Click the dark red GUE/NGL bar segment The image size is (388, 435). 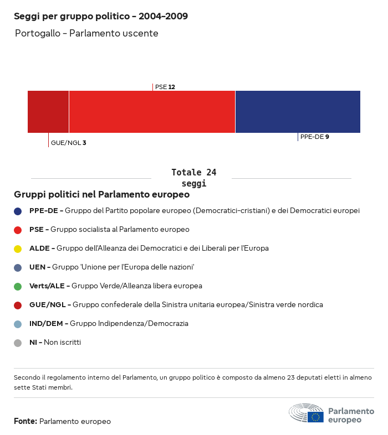48,112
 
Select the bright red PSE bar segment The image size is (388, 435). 152,112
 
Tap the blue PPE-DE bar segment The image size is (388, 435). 298,112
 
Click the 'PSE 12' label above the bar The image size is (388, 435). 165,87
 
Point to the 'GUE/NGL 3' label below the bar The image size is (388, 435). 68,143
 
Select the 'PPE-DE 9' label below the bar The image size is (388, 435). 314,137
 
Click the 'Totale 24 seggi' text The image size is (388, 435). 193,178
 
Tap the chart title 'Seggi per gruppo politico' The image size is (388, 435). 101,17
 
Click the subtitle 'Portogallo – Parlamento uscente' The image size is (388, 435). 86,33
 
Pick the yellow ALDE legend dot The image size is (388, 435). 18,248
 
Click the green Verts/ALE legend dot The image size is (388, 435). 18,286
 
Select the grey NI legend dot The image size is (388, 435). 18,343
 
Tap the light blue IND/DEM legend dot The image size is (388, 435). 18,324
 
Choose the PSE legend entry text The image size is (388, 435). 109,229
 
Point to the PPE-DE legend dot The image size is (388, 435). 18,211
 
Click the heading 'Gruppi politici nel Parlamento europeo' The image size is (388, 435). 102,195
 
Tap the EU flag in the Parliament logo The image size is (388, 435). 316,417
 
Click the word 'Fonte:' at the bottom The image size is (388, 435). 25,421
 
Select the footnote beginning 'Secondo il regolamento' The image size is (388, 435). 193,382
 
